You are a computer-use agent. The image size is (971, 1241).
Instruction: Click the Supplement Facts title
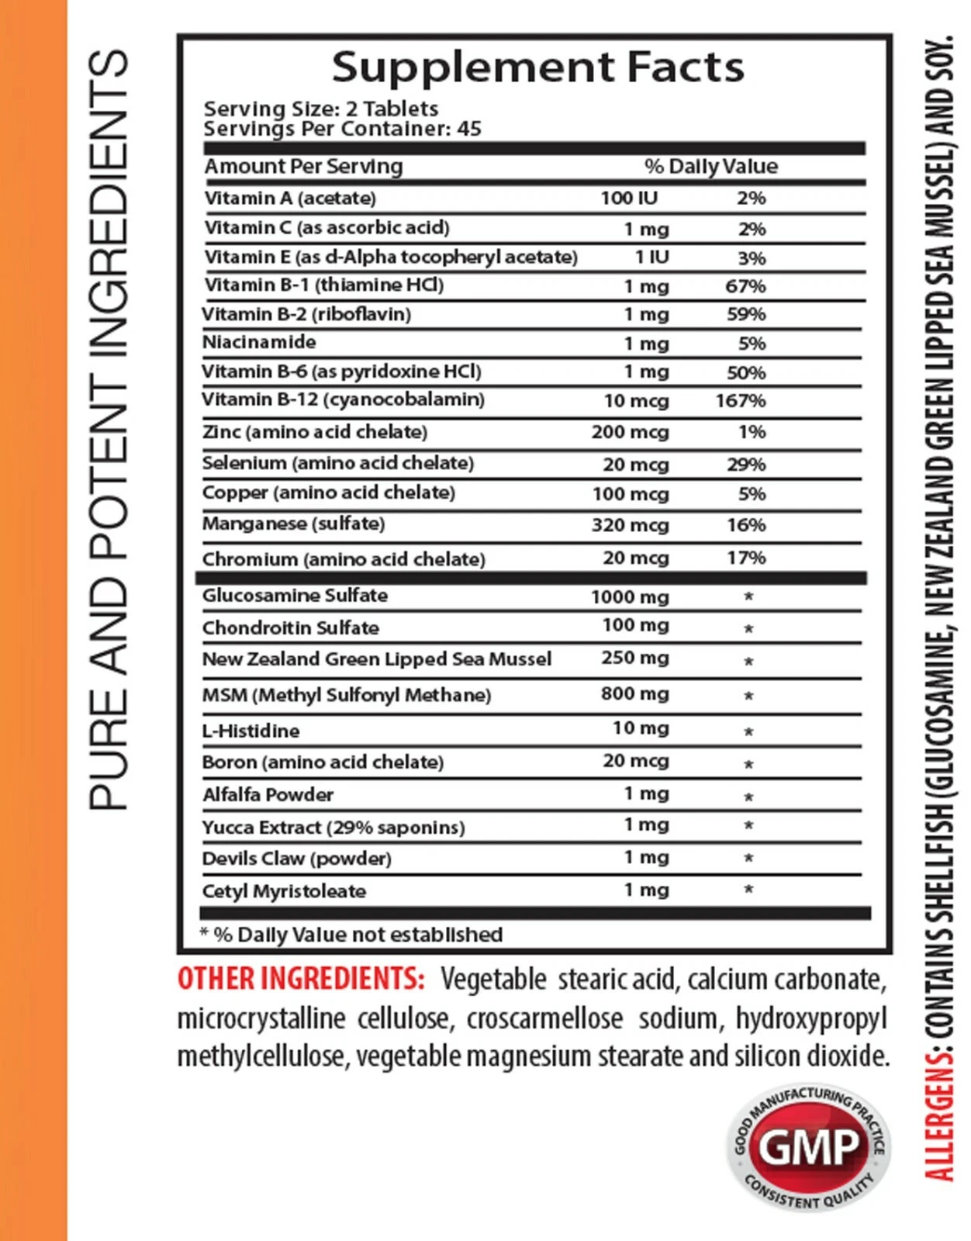(x=537, y=67)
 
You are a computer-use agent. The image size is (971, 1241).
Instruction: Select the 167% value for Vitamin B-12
(x=740, y=401)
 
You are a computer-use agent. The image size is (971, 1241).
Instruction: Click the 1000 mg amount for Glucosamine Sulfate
(x=629, y=596)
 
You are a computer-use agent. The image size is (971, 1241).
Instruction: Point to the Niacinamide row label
(x=259, y=342)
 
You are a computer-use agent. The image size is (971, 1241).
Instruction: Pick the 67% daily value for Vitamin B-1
(x=745, y=286)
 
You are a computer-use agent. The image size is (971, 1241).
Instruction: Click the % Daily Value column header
(x=710, y=166)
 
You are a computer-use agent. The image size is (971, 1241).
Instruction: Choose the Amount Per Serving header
(x=303, y=166)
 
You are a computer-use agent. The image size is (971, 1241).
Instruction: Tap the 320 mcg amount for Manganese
(x=630, y=525)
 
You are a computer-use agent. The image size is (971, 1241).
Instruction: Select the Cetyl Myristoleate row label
(x=284, y=891)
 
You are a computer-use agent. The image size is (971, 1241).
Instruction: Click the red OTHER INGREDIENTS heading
(x=301, y=979)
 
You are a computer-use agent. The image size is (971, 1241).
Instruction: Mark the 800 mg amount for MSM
(x=634, y=693)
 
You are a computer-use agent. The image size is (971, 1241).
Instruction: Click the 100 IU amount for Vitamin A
(x=628, y=198)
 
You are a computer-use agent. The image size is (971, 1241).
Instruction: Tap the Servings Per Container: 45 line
(x=342, y=129)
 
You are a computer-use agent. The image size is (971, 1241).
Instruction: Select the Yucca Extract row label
(x=333, y=828)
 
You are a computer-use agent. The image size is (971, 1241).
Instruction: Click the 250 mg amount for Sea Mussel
(x=634, y=658)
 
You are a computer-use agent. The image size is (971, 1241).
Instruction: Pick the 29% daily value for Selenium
(x=746, y=465)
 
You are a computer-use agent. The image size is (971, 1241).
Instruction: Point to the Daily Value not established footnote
(x=351, y=935)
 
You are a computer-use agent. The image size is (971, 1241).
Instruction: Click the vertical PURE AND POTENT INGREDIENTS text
(x=109, y=430)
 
